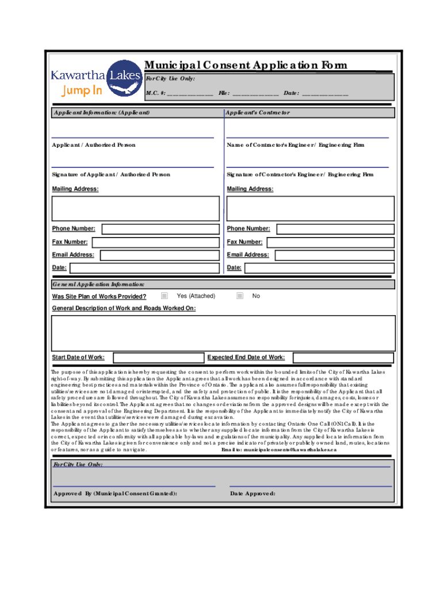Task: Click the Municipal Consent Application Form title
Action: click(x=246, y=65)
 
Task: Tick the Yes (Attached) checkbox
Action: click(x=165, y=296)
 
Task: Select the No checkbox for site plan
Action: click(x=240, y=296)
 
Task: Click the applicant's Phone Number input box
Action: click(x=159, y=229)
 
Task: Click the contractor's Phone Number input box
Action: click(x=335, y=229)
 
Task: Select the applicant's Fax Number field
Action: click(x=155, y=242)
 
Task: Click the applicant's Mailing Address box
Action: click(x=135, y=208)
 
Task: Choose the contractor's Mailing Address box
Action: click(x=311, y=208)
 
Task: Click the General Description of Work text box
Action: click(x=223, y=332)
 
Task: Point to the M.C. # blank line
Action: click(x=190, y=94)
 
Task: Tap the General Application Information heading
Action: click(x=98, y=284)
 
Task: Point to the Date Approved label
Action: click(x=253, y=494)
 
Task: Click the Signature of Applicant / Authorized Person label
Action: click(x=111, y=174)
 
